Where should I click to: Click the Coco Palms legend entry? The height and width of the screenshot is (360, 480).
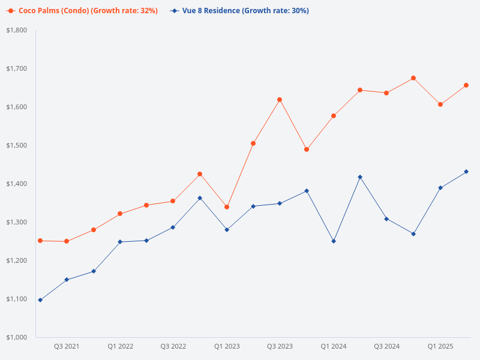point(84,11)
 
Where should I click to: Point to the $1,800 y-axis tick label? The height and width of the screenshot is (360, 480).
point(16,30)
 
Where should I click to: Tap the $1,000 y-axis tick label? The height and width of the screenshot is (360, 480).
point(16,337)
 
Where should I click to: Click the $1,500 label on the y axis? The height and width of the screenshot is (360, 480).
point(16,145)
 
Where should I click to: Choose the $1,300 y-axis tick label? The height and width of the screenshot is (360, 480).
point(16,222)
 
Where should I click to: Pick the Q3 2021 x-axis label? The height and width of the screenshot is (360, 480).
point(67,346)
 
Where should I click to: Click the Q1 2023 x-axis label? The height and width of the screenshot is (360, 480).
point(227,346)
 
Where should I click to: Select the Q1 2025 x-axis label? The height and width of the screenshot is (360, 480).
point(440,346)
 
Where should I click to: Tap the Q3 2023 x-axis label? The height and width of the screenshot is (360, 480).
point(280,346)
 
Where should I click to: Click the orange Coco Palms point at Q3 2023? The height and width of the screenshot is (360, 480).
point(280,100)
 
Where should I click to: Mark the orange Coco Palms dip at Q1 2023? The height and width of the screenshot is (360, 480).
point(227,207)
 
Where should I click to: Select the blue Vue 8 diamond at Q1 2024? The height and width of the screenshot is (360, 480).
point(334,241)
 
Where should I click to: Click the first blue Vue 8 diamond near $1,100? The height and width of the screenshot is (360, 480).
point(40,300)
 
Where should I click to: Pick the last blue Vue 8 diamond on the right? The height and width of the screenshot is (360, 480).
point(466,172)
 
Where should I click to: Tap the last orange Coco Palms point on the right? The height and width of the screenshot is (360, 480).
point(466,85)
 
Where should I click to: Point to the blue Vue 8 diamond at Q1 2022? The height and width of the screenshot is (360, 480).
point(120,242)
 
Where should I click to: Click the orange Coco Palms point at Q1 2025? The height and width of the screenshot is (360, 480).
point(440,104)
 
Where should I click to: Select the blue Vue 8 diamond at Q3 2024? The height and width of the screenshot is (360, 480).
point(386,219)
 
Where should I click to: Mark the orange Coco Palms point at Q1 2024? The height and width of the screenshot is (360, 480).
point(334,116)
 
